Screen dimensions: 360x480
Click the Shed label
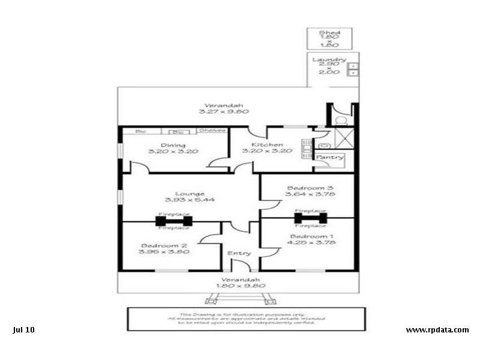point(329,33)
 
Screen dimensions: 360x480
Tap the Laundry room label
point(329,60)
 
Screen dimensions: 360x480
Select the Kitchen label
point(267,145)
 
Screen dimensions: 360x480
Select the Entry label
point(239,253)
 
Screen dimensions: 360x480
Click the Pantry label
point(330,158)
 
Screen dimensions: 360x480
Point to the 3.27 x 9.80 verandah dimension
point(224,111)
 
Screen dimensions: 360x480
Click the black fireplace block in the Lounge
point(174,221)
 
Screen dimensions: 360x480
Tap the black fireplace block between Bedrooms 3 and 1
point(310,218)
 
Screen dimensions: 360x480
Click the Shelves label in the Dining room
point(212,130)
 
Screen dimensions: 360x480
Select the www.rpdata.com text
point(437,329)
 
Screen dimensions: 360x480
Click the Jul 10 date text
point(23,329)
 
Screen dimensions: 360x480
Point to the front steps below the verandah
point(239,298)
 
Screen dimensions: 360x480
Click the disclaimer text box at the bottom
point(246,319)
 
